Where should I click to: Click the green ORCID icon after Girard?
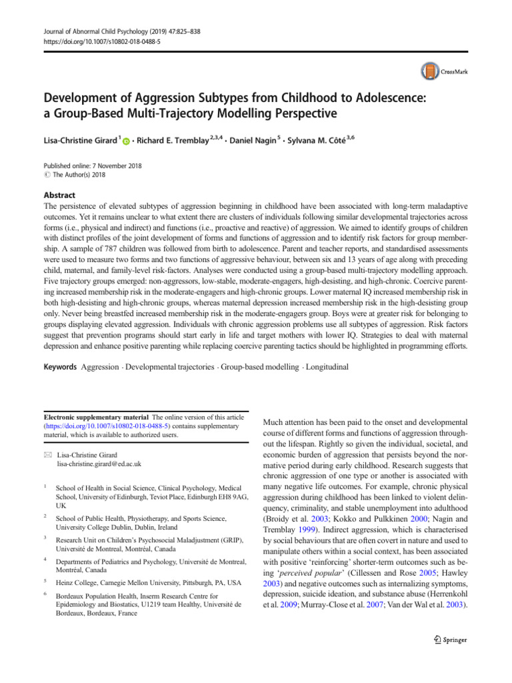pos(126,143)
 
